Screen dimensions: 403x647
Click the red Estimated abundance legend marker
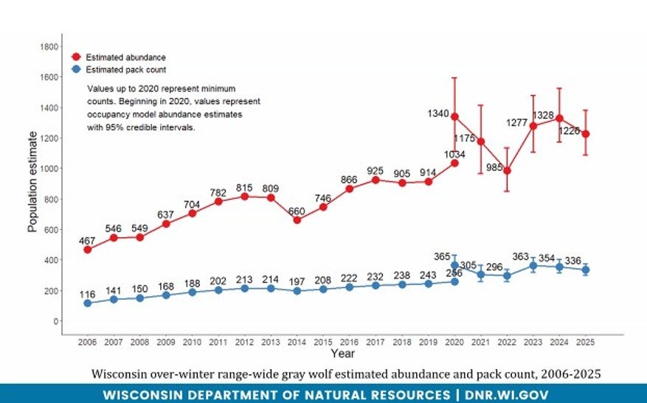click(x=75, y=57)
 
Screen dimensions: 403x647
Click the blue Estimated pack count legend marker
click(x=75, y=70)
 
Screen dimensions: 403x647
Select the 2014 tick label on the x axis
click(x=297, y=343)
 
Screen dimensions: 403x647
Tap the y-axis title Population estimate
click(x=32, y=181)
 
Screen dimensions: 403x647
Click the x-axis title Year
click(x=342, y=354)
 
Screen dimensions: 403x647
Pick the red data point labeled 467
click(x=88, y=250)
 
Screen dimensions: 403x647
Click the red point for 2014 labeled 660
click(x=297, y=220)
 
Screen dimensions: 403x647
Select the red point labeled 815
click(x=245, y=197)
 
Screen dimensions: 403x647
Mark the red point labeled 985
click(x=507, y=171)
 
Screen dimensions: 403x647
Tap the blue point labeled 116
click(x=88, y=303)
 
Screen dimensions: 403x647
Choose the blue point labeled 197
click(x=297, y=291)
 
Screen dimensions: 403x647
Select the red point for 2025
click(x=586, y=134)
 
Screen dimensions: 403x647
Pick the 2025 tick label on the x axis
click(x=586, y=343)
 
